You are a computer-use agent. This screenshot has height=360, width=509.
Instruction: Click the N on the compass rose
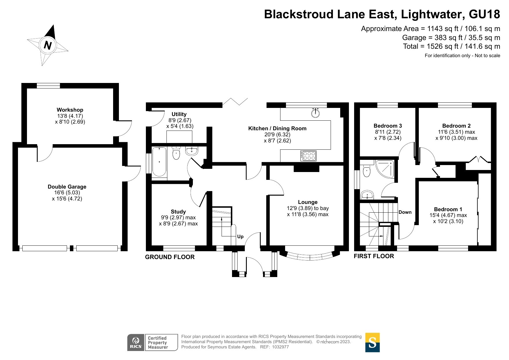(48, 45)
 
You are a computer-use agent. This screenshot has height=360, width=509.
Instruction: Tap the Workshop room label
(70, 110)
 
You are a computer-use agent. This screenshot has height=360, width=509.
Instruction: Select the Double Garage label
(67, 187)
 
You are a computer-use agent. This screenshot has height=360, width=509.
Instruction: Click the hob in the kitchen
(309, 156)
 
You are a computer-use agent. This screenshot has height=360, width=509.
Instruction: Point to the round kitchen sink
(315, 113)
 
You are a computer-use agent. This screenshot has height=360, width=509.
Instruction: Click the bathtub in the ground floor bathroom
(159, 162)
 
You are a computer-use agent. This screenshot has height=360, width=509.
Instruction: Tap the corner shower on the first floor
(385, 169)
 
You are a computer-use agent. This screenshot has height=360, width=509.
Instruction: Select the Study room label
(178, 212)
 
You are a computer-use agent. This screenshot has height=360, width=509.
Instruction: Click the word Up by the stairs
(240, 237)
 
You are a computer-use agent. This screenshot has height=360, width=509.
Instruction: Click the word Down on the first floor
(405, 212)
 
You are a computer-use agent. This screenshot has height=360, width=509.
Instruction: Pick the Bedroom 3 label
(388, 126)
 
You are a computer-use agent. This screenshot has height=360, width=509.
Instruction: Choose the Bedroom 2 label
(457, 126)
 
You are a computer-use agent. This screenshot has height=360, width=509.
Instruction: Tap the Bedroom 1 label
(448, 209)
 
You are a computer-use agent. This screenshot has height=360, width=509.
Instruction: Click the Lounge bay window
(309, 254)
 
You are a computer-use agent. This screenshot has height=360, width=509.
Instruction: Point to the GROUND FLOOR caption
(170, 257)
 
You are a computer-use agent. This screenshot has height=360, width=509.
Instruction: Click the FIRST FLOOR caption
(374, 256)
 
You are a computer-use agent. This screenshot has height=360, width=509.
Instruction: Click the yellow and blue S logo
(372, 342)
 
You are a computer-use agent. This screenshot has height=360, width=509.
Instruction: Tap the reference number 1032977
(280, 347)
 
